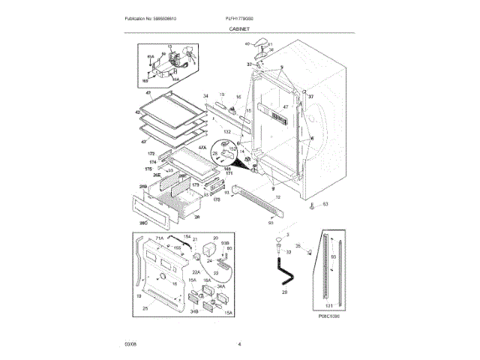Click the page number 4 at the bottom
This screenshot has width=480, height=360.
point(239,343)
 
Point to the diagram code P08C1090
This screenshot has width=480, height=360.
point(328,316)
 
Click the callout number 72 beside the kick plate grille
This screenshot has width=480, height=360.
point(277,197)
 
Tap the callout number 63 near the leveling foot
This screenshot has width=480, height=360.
point(325,204)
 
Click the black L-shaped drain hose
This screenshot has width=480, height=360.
point(284,269)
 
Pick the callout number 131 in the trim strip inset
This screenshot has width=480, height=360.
point(328,305)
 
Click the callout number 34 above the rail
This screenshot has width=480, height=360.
point(205,96)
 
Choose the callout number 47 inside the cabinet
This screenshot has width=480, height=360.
point(285,106)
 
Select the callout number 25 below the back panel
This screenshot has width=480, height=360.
point(145,307)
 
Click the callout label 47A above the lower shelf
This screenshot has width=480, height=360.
point(181,149)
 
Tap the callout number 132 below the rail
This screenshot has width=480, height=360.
point(226,131)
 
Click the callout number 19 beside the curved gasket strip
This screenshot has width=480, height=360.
point(138,297)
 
